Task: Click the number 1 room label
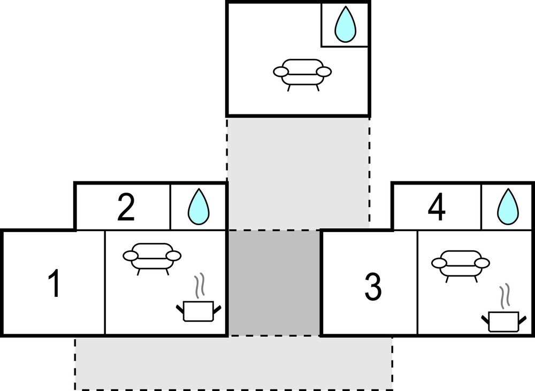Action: tap(55, 283)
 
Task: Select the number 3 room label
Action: tap(373, 287)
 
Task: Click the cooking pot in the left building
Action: tap(198, 311)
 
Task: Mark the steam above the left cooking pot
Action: tap(200, 286)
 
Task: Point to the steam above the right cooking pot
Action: tap(504, 295)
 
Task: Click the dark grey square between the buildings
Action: tap(274, 283)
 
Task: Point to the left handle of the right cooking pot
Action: tap(485, 320)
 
